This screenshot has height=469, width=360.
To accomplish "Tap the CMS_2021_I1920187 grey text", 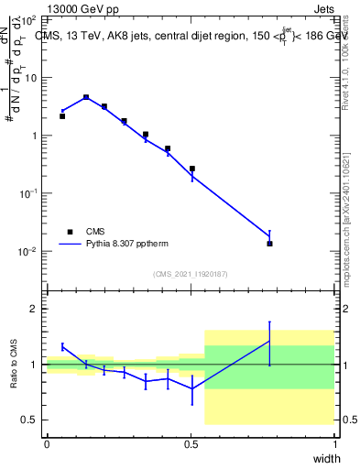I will point(191,274).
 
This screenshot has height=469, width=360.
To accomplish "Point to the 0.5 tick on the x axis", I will point(191,443).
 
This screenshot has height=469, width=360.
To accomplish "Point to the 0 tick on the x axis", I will point(47,443).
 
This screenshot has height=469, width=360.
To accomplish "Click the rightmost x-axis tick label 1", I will point(335,443).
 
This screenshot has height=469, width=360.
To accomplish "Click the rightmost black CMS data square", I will point(269,244).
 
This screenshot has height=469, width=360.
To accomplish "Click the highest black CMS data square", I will point(86,97).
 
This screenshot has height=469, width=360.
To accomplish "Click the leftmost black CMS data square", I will point(61,116).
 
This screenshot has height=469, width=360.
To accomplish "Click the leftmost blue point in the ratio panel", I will point(61,346).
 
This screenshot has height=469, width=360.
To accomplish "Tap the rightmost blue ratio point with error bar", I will point(269,341).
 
